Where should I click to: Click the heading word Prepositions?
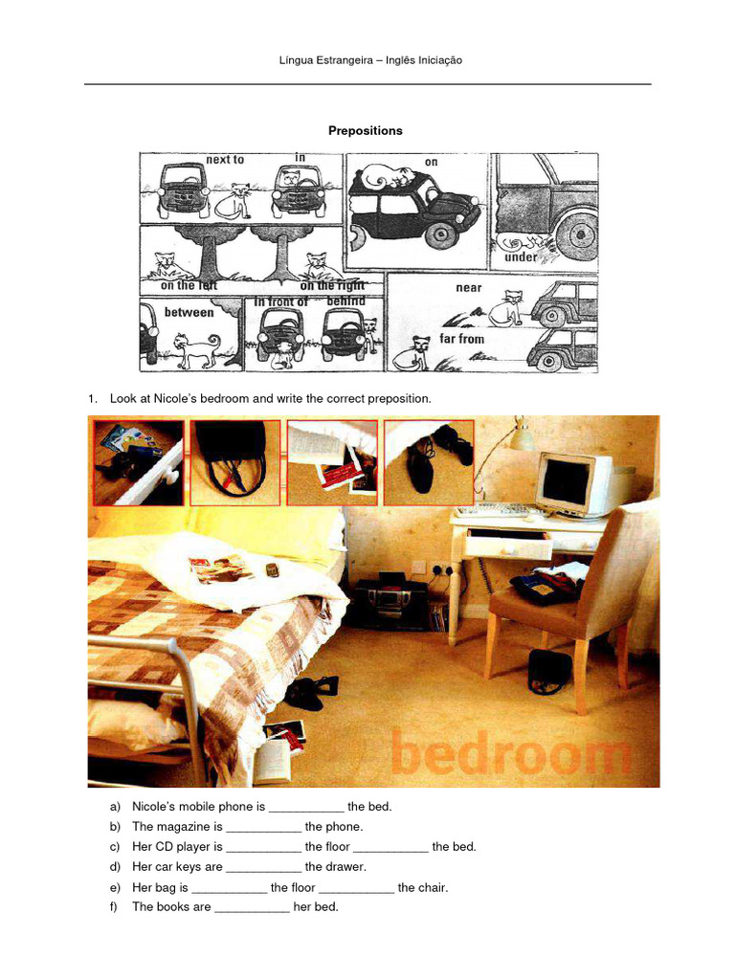(366, 130)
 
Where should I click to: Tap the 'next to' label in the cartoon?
(225, 160)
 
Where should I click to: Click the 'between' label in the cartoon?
(189, 312)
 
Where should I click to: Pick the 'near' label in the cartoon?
(469, 288)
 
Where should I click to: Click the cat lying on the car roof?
(388, 177)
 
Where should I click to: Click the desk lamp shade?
(521, 437)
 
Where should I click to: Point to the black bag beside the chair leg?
(549, 671)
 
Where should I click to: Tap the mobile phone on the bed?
(272, 570)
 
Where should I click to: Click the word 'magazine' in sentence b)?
(185, 827)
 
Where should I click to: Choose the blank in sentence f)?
(252, 907)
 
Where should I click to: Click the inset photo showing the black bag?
(234, 462)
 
